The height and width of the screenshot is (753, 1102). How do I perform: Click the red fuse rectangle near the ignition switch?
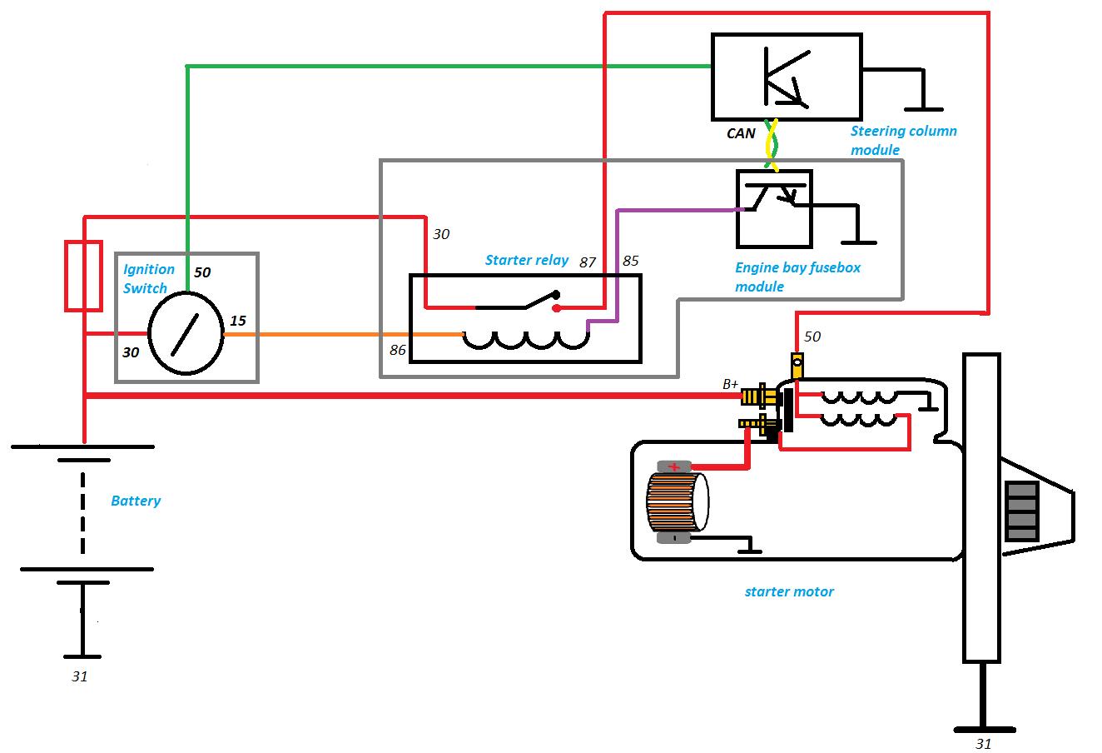tap(83, 276)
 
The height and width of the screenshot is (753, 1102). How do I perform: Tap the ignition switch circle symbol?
tap(186, 334)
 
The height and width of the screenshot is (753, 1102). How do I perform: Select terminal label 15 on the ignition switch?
tap(238, 321)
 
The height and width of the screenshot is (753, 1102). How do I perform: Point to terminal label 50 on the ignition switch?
tap(203, 272)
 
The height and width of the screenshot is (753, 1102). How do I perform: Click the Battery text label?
tap(136, 501)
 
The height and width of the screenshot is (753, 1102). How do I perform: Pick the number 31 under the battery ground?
tap(79, 676)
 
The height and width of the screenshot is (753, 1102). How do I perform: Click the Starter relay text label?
tap(527, 260)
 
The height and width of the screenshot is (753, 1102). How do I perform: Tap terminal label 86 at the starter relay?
tap(398, 350)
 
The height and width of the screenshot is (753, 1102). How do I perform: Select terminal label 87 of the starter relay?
tap(588, 262)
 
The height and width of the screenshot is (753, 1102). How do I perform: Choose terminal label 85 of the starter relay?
tap(630, 261)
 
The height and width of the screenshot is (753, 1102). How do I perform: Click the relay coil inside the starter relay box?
tap(525, 337)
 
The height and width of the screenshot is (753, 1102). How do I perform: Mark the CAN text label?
tap(741, 133)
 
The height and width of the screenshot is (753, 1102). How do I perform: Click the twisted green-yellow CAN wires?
tap(772, 144)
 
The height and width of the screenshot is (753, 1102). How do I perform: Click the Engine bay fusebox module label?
tap(797, 277)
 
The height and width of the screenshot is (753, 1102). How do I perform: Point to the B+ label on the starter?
tap(730, 384)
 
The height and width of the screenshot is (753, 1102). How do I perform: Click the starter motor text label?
tap(788, 591)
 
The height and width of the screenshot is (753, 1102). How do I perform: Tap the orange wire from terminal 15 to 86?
tap(341, 334)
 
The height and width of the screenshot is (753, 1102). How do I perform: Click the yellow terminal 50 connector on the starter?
tap(797, 365)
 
